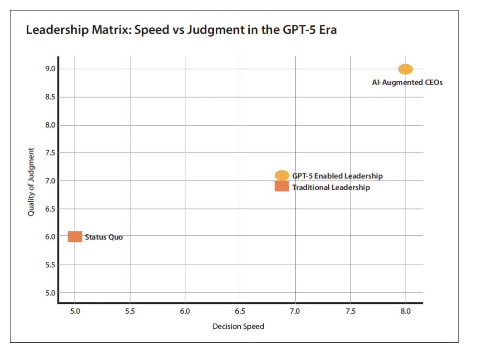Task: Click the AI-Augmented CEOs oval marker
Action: point(405,69)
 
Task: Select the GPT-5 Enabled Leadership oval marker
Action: point(282,175)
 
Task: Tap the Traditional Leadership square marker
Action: point(282,186)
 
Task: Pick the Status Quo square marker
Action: point(75,236)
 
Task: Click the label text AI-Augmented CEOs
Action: point(407,82)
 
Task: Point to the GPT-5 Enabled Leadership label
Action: point(337,176)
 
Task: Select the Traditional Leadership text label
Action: point(331,187)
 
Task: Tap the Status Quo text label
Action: point(104,237)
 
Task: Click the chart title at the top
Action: point(181,30)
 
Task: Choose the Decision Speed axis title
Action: point(238,326)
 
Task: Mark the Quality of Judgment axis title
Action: point(31,181)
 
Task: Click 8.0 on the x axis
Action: point(405,311)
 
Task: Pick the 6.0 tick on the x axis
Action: point(185,311)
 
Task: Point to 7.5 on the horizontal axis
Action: point(350,311)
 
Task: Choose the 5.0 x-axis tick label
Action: point(75,311)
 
